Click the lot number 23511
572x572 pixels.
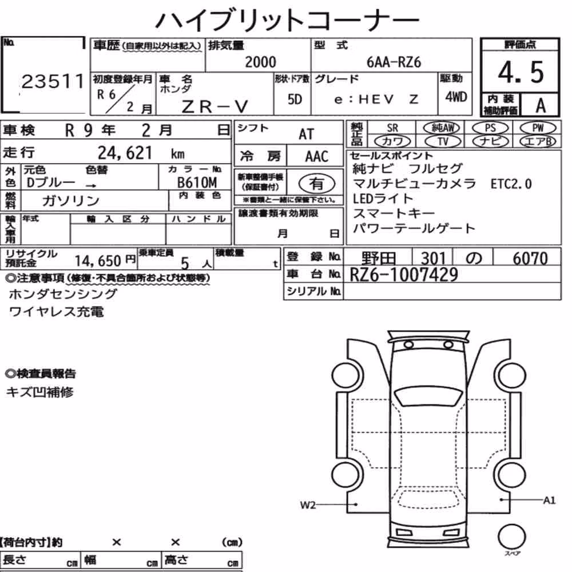[x=53, y=81]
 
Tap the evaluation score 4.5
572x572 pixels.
[x=521, y=72]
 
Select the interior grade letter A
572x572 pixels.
[x=541, y=105]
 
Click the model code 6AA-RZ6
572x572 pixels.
[x=394, y=62]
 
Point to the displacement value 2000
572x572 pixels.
[x=260, y=62]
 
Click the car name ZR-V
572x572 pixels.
[x=215, y=107]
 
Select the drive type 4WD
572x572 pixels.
[x=456, y=97]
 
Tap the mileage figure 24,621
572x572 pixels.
[x=125, y=153]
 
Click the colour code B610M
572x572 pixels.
[x=197, y=182]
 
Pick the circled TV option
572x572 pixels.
[x=443, y=141]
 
